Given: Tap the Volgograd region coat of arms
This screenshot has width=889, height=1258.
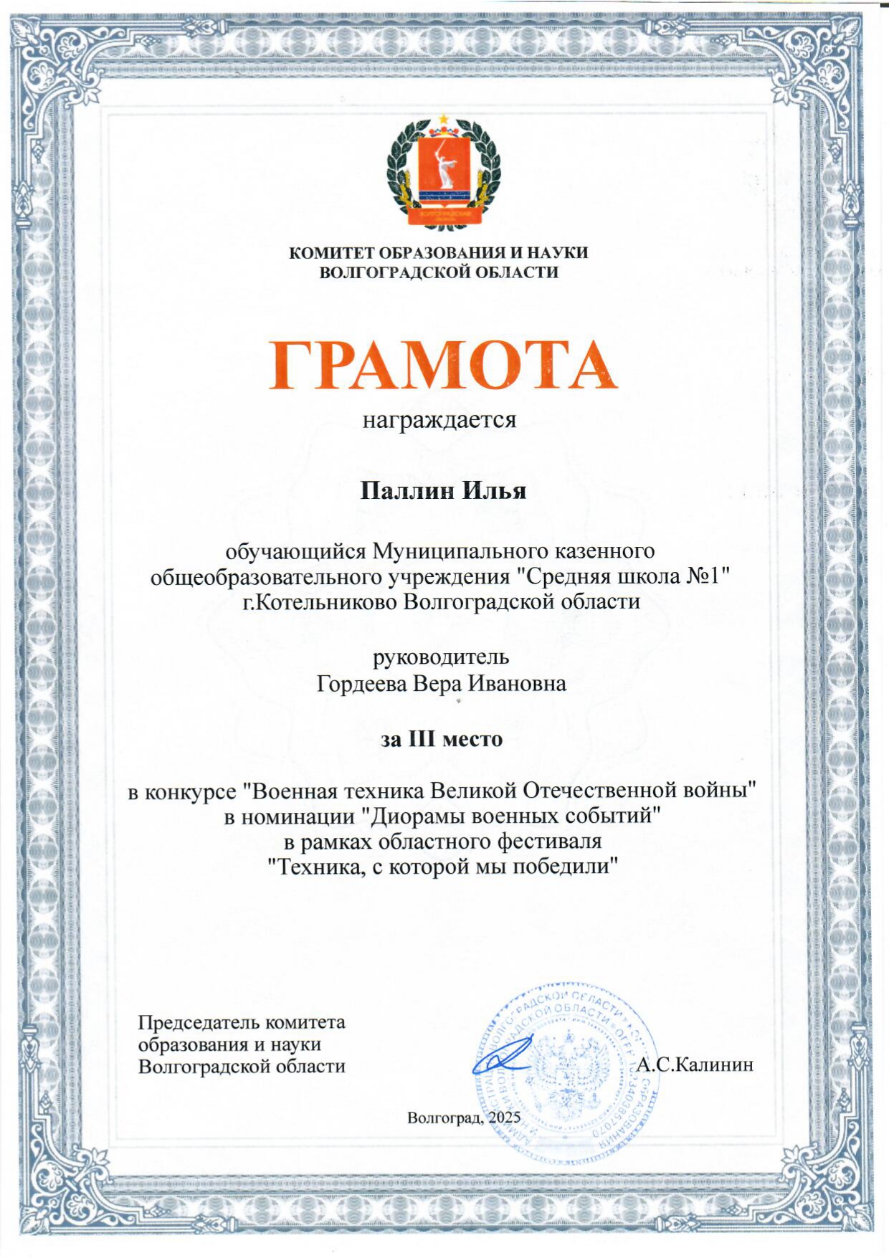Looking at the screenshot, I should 443,172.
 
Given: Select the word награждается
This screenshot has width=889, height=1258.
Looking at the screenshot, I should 439,419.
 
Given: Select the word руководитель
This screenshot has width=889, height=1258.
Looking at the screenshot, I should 440,657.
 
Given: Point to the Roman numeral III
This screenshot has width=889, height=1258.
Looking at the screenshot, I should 422,739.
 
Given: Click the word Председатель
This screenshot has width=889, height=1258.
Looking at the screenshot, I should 200,1021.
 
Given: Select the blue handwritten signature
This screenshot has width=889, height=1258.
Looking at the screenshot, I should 502,1057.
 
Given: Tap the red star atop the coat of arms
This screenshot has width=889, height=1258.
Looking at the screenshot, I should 444,118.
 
